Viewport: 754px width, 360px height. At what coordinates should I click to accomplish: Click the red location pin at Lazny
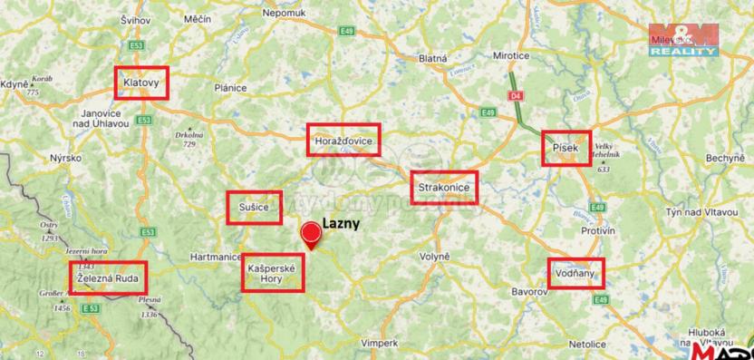pos(311,232)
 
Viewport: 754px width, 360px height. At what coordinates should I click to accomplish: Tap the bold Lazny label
pos(342,222)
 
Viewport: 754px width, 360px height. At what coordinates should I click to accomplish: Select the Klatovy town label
pos(142,83)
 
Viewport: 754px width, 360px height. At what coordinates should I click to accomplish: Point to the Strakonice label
pos(442,189)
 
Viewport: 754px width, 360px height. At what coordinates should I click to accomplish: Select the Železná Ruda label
pos(108,278)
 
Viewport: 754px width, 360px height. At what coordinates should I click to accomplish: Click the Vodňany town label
pos(575,273)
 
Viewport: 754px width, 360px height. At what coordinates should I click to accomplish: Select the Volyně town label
pos(435,257)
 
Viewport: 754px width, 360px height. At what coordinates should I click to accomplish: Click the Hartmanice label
pos(214,258)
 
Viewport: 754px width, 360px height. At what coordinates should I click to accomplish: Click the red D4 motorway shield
pos(515,94)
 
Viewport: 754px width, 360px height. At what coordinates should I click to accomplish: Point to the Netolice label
pos(587,345)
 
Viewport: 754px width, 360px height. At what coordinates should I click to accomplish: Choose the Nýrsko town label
pos(66,158)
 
